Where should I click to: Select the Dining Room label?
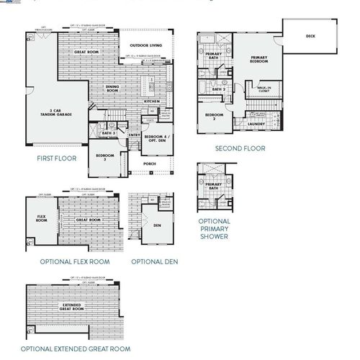coord(113,89)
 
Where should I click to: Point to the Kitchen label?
coord(151,102)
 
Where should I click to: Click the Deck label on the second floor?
coord(310,35)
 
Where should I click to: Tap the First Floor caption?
coord(55,157)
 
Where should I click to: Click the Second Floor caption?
coord(240,148)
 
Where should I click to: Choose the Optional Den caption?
coord(155,261)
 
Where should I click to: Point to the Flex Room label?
coord(41,217)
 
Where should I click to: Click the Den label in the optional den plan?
coord(156,225)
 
